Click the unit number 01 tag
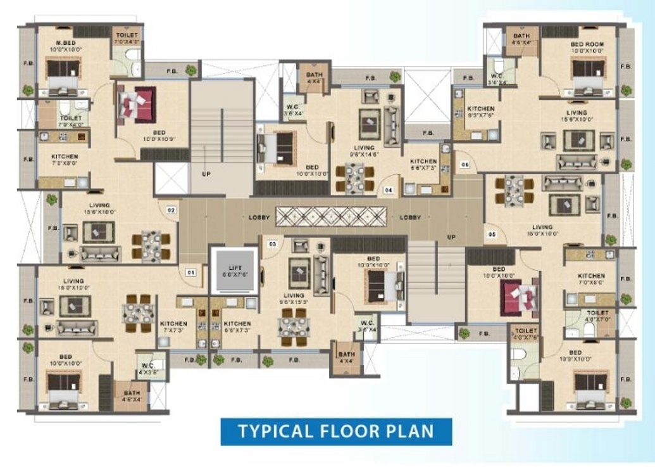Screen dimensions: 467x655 point(190,273)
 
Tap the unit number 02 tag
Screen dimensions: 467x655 point(171,209)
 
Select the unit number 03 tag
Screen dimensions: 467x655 point(272,243)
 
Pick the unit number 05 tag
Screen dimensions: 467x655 point(492,233)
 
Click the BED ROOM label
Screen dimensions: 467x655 point(587,44)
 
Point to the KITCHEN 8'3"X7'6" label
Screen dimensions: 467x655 point(480,112)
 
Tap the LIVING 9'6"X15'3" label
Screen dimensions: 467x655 point(294,299)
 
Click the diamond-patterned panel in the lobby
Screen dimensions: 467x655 point(330,216)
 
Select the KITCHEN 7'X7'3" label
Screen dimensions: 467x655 point(173,326)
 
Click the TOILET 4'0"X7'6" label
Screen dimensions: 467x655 point(527,333)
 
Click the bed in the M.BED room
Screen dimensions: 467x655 point(61,72)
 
